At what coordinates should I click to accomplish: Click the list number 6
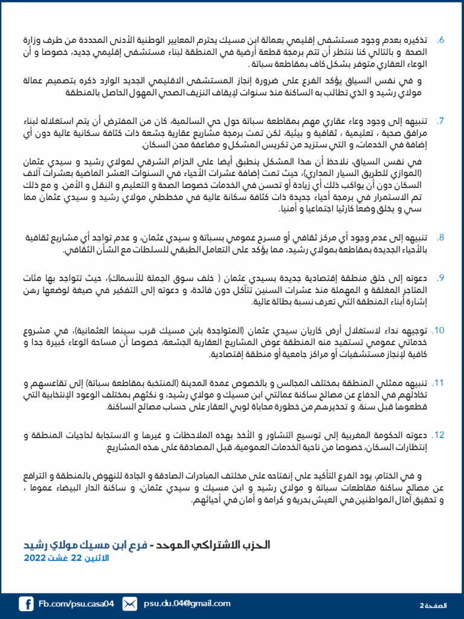coord(441,40)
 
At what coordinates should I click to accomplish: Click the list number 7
coord(441,121)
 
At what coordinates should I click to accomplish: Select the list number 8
coord(441,238)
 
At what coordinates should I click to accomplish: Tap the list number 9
coord(441,278)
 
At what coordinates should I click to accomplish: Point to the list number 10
coord(439,331)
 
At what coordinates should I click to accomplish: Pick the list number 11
coord(439,383)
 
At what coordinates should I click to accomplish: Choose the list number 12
coord(439,435)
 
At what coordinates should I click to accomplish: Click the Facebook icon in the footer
coord(26,603)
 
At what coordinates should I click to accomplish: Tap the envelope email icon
coord(129,603)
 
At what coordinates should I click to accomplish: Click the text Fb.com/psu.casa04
coord(76,603)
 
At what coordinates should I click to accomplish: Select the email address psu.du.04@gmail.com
coord(187,603)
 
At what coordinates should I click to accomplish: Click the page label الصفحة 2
coord(432,604)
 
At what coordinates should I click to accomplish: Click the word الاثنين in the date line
coord(95,558)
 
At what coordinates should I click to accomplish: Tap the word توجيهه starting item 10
coord(414,331)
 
